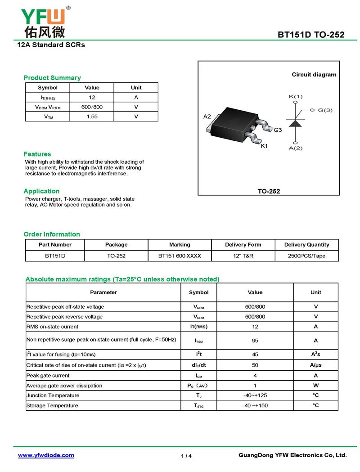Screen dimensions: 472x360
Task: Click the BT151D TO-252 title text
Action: click(x=311, y=35)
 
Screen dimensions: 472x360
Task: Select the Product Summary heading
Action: click(x=52, y=77)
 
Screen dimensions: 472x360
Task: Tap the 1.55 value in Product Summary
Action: click(x=92, y=117)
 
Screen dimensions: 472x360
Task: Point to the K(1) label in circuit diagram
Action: click(x=296, y=96)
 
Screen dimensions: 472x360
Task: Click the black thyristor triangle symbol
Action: click(x=295, y=123)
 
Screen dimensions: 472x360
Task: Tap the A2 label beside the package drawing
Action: click(x=207, y=117)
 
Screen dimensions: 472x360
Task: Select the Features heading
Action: click(x=37, y=154)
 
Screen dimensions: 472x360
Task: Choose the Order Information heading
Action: click(x=52, y=234)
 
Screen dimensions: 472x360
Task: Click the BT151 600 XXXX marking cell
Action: click(x=180, y=256)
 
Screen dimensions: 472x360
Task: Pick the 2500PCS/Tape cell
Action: click(x=306, y=256)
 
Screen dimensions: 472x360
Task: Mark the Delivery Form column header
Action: click(x=243, y=245)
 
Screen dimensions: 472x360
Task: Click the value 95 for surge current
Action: click(x=255, y=341)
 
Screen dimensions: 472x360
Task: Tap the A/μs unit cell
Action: click(x=315, y=365)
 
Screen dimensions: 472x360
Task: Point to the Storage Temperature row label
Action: click(x=52, y=405)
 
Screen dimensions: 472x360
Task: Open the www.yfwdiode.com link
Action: click(x=46, y=455)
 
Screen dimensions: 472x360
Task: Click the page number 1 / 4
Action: click(x=186, y=456)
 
